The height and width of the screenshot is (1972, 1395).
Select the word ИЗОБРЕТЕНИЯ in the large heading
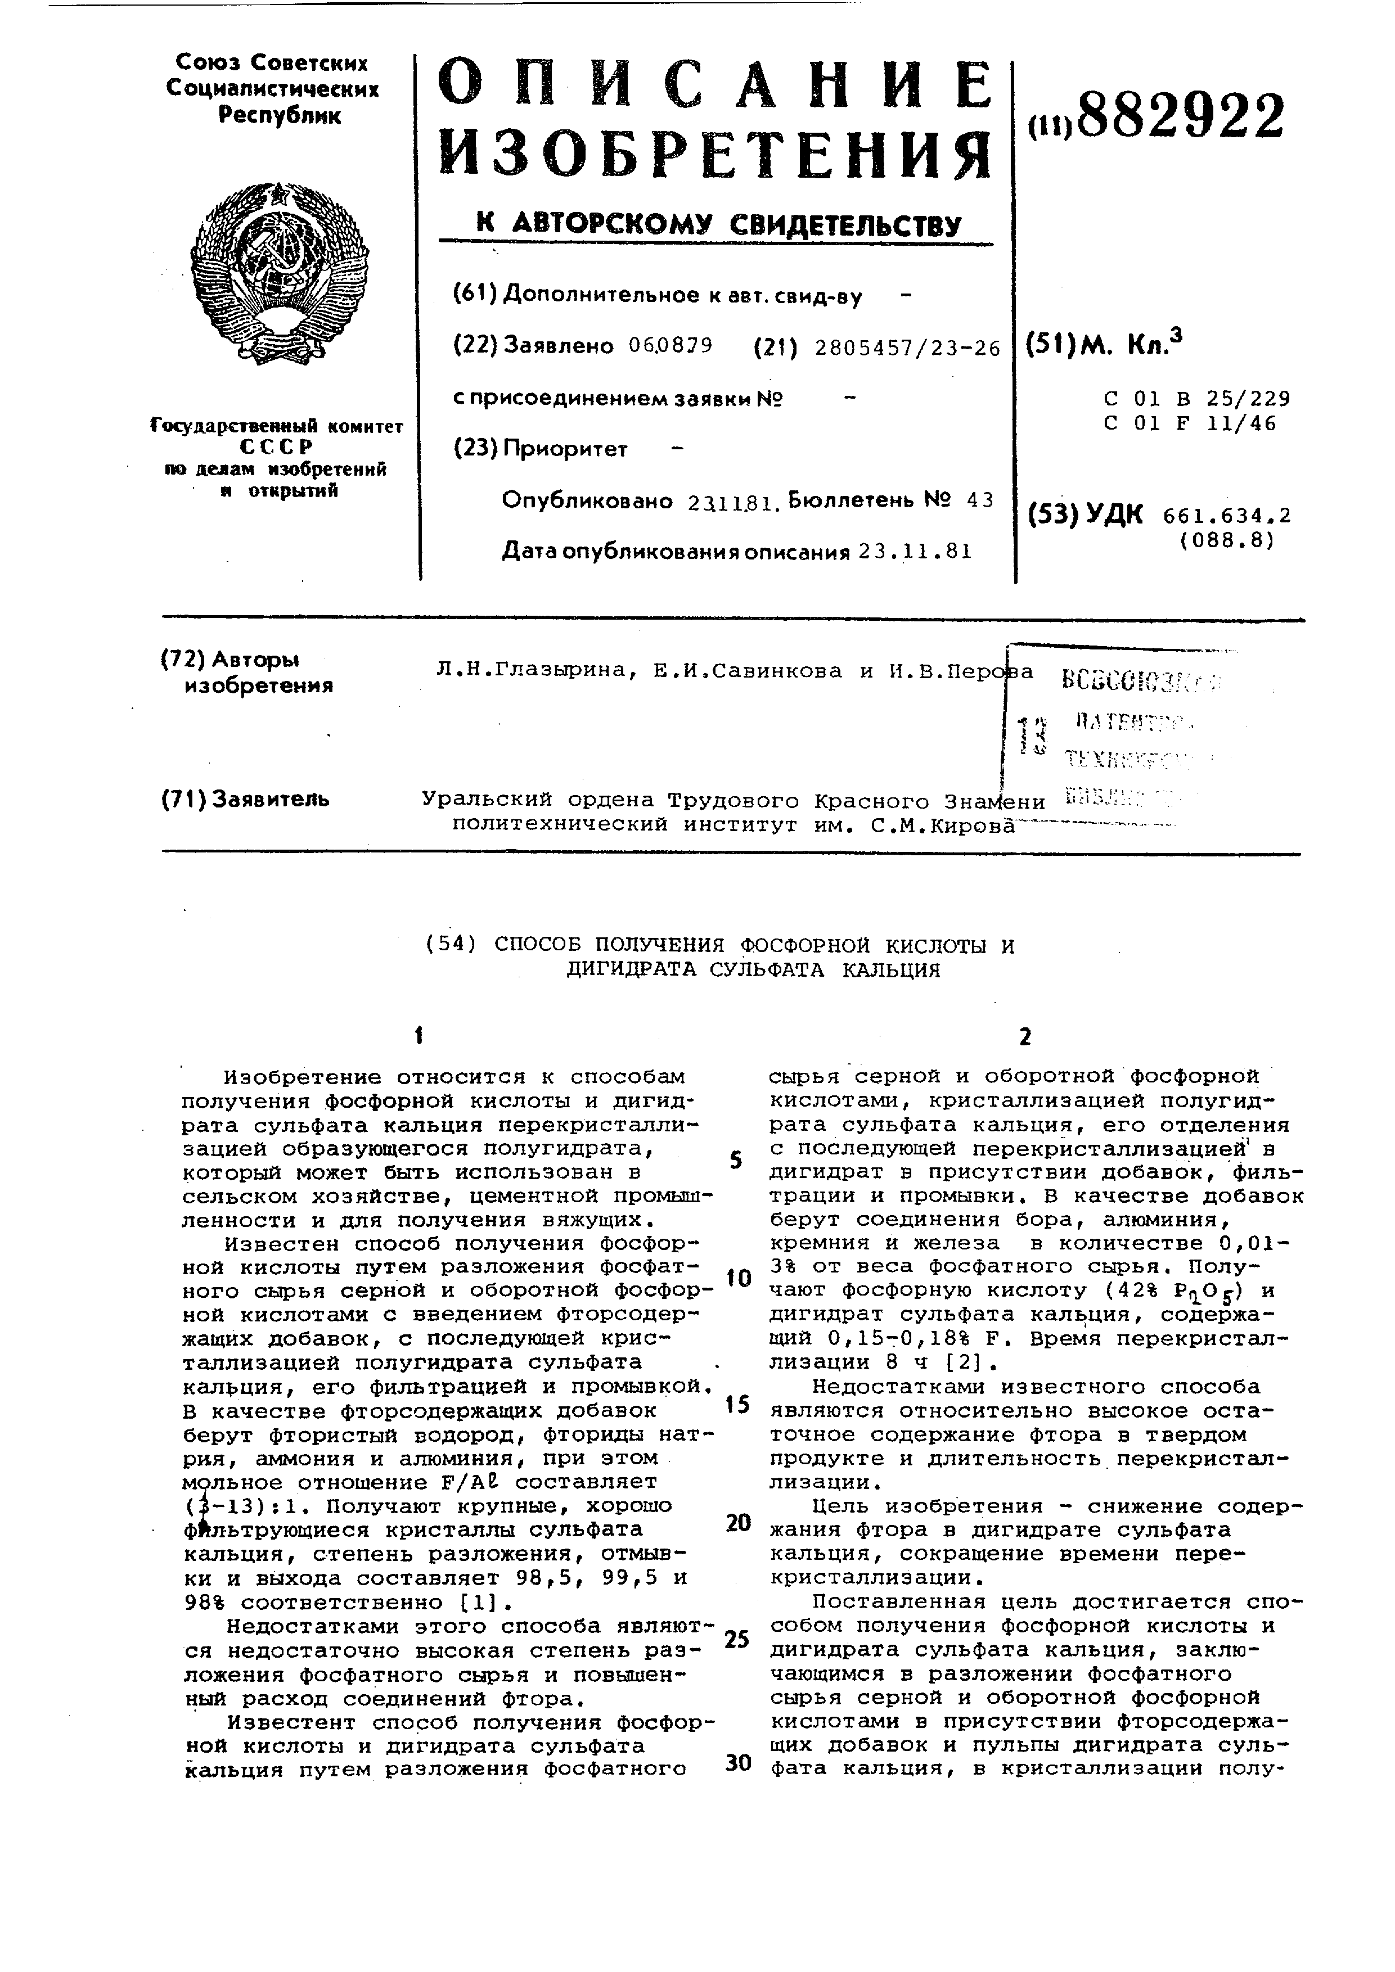(715, 155)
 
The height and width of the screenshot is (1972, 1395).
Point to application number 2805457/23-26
(907, 348)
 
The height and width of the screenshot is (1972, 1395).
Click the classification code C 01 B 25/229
(1196, 399)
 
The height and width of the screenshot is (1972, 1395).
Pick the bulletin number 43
(979, 500)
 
